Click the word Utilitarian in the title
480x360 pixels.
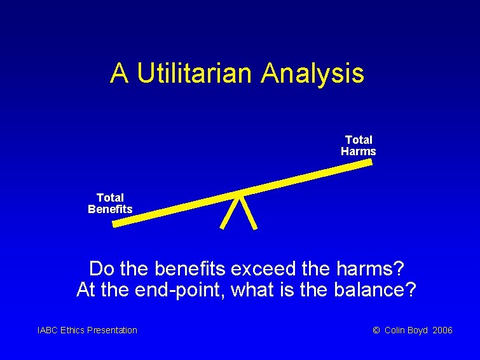(195, 73)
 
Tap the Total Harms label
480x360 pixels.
(359, 146)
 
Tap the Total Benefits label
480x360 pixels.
(110, 204)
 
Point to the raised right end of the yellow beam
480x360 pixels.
(369, 162)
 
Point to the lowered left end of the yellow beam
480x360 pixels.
(116, 223)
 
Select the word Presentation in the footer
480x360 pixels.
(112, 330)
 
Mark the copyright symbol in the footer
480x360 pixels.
(376, 330)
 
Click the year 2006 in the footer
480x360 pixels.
(442, 330)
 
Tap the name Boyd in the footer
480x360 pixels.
(417, 330)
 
